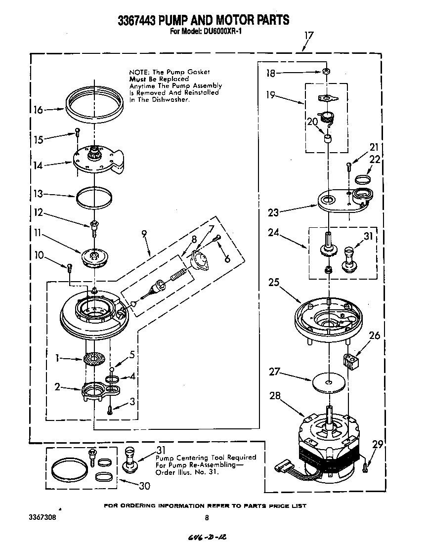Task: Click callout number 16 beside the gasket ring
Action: click(38, 110)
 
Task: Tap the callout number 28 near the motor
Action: click(275, 395)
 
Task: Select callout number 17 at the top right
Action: click(309, 35)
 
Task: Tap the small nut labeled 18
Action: click(326, 72)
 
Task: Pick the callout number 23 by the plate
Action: click(273, 212)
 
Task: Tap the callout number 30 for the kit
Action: click(144, 486)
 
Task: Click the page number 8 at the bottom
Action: click(207, 518)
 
